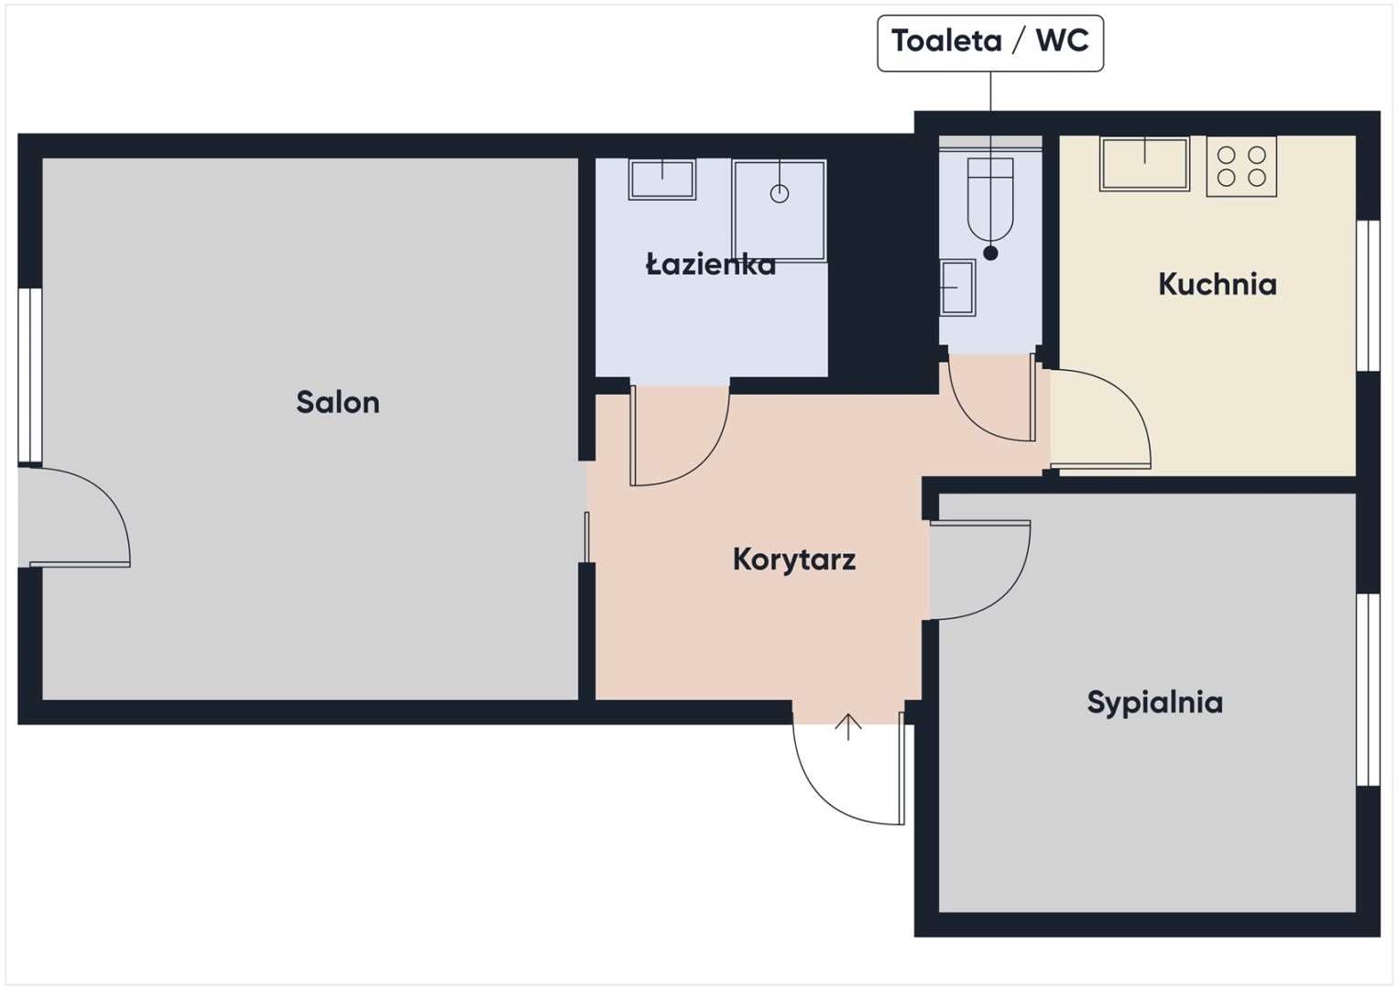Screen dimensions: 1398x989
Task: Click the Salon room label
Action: click(x=338, y=402)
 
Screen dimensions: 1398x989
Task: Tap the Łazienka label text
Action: click(x=711, y=265)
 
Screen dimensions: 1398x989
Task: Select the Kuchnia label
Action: click(x=1218, y=284)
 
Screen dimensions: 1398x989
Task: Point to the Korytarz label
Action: click(x=794, y=560)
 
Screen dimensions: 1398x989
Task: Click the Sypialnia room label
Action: click(x=1154, y=703)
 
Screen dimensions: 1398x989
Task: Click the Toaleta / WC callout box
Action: click(x=990, y=43)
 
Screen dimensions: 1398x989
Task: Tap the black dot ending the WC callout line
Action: click(x=990, y=254)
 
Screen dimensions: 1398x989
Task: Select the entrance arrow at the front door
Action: click(x=848, y=727)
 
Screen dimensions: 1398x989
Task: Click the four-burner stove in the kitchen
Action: click(x=1241, y=167)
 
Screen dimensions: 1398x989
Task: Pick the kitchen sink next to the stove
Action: click(x=1144, y=164)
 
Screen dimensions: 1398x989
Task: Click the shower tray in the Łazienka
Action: click(x=780, y=211)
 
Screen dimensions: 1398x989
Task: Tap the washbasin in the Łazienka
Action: click(x=662, y=179)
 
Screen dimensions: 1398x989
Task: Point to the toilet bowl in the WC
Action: click(x=990, y=200)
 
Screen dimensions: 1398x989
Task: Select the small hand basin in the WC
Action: click(x=957, y=288)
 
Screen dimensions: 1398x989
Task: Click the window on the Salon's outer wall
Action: click(x=30, y=375)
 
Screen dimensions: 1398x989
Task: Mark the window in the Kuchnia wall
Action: click(x=1369, y=296)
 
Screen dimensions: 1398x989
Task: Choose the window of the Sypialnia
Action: click(x=1369, y=690)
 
